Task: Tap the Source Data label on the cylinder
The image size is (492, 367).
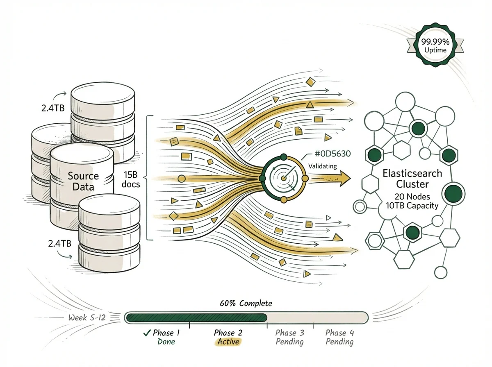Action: pyautogui.click(x=83, y=181)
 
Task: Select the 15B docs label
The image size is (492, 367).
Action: pyautogui.click(x=131, y=179)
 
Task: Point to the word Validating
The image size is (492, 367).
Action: pyautogui.click(x=322, y=166)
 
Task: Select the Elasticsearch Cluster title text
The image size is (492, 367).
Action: pyautogui.click(x=412, y=178)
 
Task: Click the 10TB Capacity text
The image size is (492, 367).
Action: pyautogui.click(x=412, y=206)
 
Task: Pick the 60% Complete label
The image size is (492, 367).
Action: pyautogui.click(x=246, y=304)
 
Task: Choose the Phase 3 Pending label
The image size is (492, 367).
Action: pyautogui.click(x=290, y=337)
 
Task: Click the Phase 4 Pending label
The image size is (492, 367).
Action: pyautogui.click(x=339, y=337)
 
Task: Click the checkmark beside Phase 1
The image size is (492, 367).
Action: pyautogui.click(x=146, y=333)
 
